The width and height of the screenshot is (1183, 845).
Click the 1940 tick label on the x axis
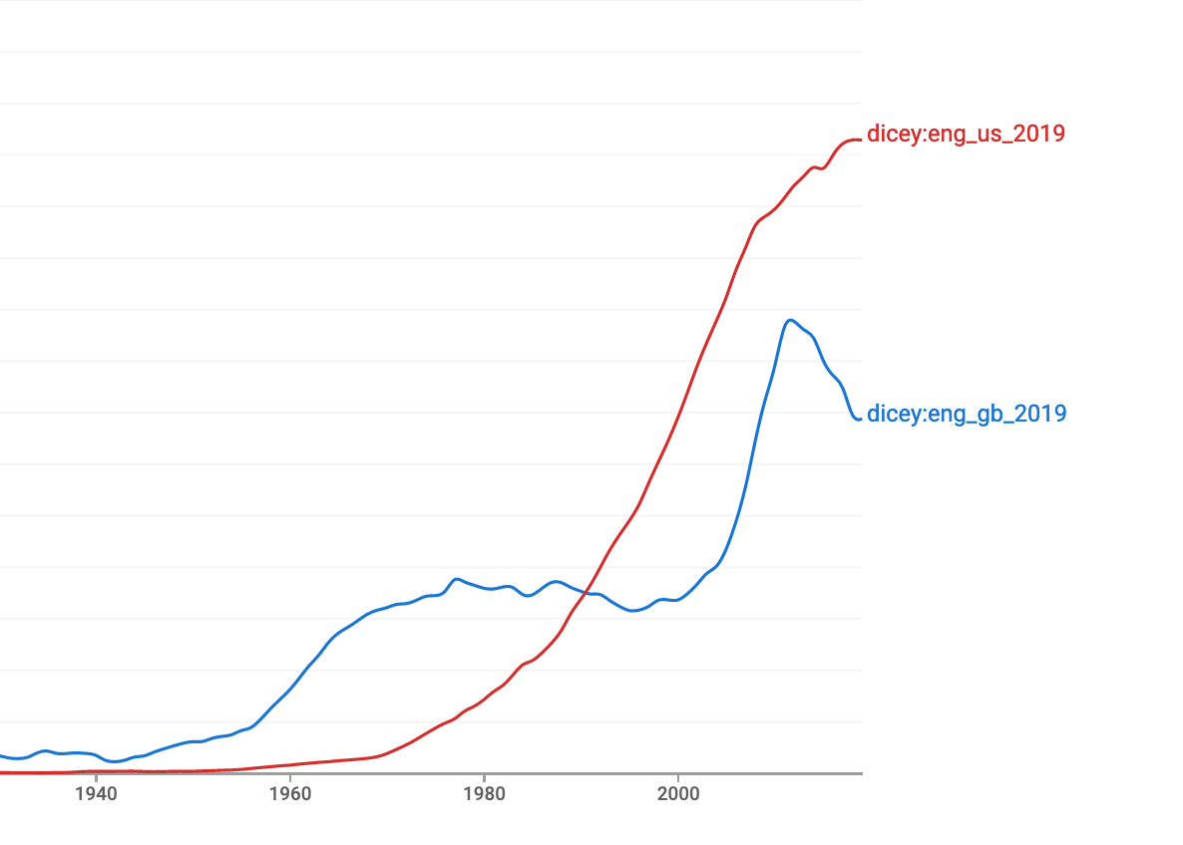[x=96, y=794]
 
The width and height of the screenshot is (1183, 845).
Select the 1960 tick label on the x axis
[x=289, y=794]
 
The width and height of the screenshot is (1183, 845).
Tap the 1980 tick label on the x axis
[x=484, y=794]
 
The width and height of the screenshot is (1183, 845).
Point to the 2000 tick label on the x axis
[x=678, y=794]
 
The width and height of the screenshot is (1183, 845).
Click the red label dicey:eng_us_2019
[x=966, y=134]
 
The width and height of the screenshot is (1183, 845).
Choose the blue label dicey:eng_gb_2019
[x=967, y=414]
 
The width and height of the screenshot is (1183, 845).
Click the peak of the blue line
[x=790, y=320]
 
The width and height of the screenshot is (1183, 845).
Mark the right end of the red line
[x=860, y=141]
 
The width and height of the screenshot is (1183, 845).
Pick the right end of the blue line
[x=860, y=420]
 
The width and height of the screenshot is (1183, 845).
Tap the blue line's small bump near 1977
[x=457, y=578]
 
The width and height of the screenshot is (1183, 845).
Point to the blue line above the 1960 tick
[x=289, y=689]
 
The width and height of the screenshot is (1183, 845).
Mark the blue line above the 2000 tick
[x=678, y=599]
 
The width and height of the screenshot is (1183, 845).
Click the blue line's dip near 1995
[x=632, y=611]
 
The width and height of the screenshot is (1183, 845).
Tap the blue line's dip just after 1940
[x=115, y=762]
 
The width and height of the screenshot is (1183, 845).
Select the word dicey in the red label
[x=894, y=134]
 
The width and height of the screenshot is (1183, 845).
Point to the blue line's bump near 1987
[x=556, y=581]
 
